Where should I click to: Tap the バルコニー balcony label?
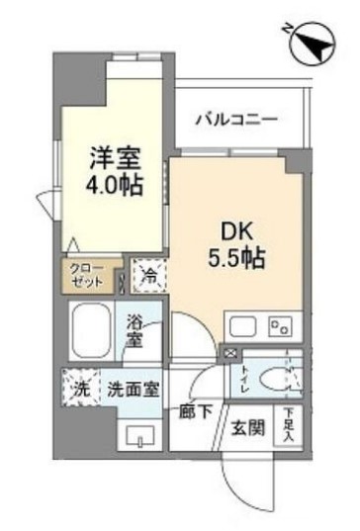pyautogui.click(x=234, y=120)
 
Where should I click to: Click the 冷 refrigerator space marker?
pyautogui.click(x=147, y=278)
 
